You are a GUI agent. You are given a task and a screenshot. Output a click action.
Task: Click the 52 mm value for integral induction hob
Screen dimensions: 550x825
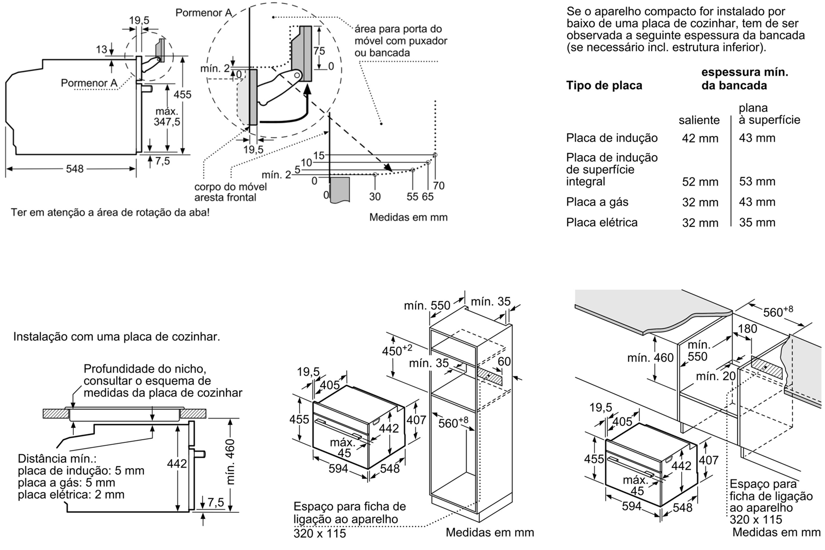point(700,182)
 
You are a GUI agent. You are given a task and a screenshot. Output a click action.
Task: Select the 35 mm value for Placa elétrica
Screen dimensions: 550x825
point(757,223)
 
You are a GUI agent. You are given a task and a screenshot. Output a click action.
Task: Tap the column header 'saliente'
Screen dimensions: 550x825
point(699,120)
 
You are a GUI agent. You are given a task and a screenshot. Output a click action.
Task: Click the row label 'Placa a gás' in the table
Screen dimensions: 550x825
point(597,202)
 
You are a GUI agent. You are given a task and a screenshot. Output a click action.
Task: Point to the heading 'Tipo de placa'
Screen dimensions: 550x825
point(604,86)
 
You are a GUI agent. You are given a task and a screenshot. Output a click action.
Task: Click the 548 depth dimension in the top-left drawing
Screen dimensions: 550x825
point(75,169)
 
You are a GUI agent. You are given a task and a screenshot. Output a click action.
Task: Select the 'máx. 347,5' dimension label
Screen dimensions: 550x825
point(167,117)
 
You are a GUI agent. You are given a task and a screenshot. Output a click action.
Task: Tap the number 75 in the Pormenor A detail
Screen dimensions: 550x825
point(319,51)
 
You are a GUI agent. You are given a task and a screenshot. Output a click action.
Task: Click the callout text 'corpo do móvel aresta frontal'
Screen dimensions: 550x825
point(225,192)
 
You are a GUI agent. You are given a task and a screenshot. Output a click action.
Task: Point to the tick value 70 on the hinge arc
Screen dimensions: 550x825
point(439,186)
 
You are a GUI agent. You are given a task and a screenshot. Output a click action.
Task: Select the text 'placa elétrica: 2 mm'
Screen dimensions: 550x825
point(71,495)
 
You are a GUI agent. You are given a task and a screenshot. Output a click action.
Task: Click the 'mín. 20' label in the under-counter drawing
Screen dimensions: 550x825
point(716,376)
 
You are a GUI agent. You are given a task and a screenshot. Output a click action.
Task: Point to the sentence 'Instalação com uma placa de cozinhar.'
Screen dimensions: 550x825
point(117,337)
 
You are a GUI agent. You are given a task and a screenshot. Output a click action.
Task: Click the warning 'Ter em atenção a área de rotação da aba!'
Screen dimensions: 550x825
point(110,212)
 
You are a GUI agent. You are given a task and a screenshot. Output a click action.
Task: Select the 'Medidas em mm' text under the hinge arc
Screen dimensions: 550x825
point(408,218)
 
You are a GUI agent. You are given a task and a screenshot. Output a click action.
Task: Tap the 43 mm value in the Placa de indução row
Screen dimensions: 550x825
point(757,138)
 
